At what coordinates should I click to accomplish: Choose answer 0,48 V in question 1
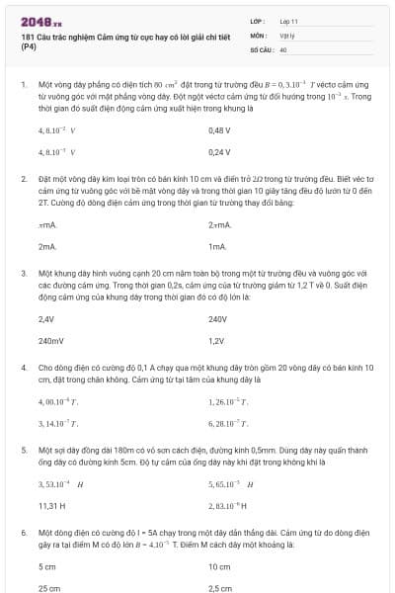click(x=219, y=129)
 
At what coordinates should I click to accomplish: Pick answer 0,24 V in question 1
click(x=219, y=152)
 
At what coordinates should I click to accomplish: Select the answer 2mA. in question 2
click(x=47, y=245)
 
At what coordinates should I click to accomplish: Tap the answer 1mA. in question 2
click(x=218, y=245)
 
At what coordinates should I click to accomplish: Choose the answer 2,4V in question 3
click(x=46, y=319)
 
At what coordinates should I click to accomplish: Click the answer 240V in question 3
click(x=218, y=319)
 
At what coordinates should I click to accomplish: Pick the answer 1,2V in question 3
click(x=217, y=340)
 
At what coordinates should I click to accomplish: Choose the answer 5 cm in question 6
click(x=47, y=567)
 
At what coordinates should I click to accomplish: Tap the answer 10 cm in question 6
click(x=219, y=567)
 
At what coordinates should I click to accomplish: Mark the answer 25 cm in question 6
click(x=48, y=587)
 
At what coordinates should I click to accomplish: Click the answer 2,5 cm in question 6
click(x=220, y=587)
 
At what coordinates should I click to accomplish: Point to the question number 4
click(x=23, y=368)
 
